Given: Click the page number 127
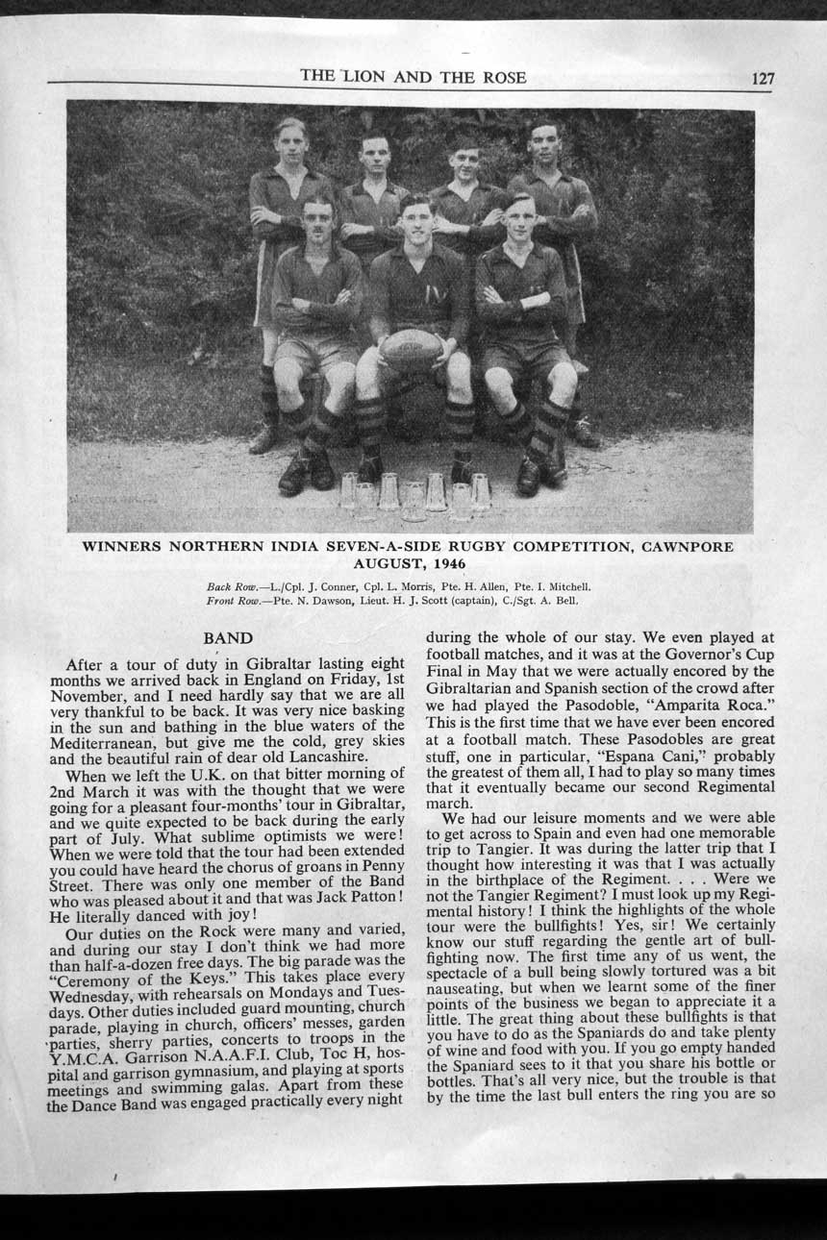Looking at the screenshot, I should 762,79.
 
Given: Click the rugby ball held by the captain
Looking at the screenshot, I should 412,349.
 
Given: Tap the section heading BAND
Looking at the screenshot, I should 228,638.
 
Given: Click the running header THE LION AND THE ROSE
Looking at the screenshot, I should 413,77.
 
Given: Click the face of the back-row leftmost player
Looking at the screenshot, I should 289,141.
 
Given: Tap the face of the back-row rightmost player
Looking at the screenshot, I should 544,146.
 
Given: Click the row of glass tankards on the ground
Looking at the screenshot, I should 414,496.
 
